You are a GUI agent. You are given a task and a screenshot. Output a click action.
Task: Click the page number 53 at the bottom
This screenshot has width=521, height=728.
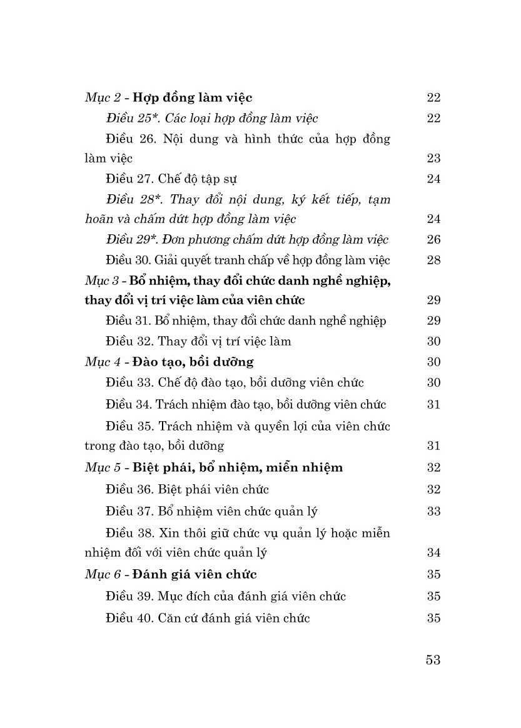tap(433, 660)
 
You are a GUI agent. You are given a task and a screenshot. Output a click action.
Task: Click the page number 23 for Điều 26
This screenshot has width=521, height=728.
tap(433, 159)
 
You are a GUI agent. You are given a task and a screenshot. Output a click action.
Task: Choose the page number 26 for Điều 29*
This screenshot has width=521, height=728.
tap(433, 239)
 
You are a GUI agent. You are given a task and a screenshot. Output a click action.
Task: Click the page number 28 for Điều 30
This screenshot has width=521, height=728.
tap(433, 260)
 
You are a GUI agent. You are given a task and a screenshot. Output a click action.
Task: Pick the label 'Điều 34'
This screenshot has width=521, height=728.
tap(128, 405)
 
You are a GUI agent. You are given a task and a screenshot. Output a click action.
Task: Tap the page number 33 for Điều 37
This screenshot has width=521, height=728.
tap(433, 512)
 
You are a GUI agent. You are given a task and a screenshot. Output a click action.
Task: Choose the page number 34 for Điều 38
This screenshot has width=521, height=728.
tap(433, 553)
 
